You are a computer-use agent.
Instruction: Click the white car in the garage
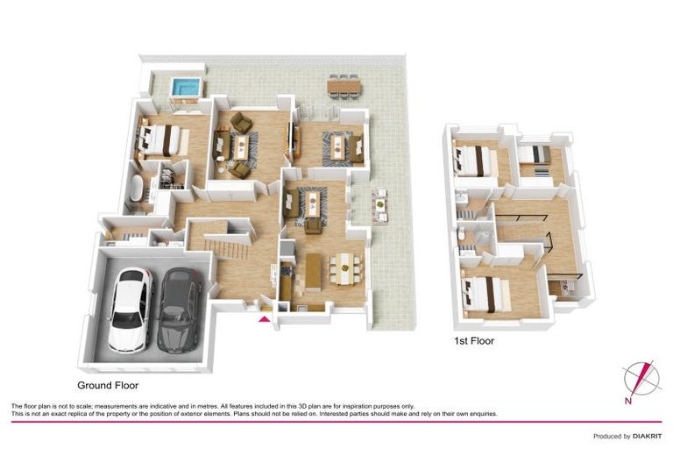click(129, 310)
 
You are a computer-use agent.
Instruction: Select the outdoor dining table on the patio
click(343, 85)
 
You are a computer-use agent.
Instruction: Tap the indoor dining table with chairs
click(347, 263)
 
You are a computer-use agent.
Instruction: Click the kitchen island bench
click(314, 269)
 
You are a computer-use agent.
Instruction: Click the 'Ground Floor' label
click(108, 385)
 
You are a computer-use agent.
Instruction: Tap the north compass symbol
click(638, 378)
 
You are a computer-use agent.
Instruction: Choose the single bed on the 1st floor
click(529, 155)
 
